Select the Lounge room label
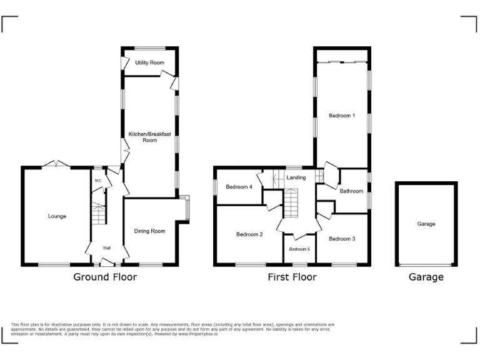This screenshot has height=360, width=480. (57, 216)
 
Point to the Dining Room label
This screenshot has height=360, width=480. (150, 231)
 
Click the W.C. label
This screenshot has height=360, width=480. (98, 181)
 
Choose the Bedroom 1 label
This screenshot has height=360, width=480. (342, 115)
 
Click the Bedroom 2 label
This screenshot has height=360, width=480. (249, 234)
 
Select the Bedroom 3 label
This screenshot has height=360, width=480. (342, 239)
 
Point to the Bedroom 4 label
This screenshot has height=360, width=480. (239, 187)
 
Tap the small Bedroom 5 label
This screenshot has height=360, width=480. (299, 249)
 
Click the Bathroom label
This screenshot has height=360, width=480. (351, 191)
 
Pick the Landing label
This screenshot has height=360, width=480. (296, 177)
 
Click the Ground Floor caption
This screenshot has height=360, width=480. (105, 277)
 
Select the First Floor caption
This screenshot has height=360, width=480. (291, 277)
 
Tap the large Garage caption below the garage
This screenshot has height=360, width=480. (426, 277)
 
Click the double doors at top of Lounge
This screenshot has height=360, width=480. (56, 164)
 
